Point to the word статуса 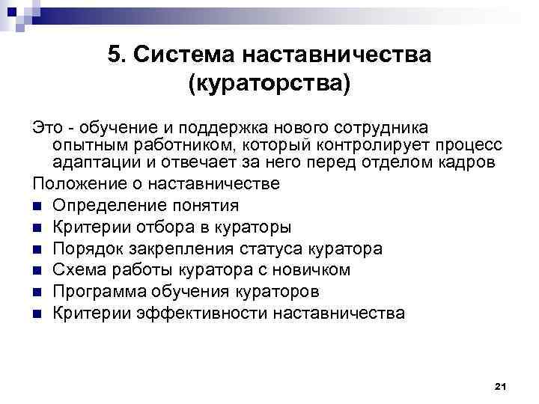coord(284,248)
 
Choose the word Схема coord(79,269)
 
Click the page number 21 coord(501,386)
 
